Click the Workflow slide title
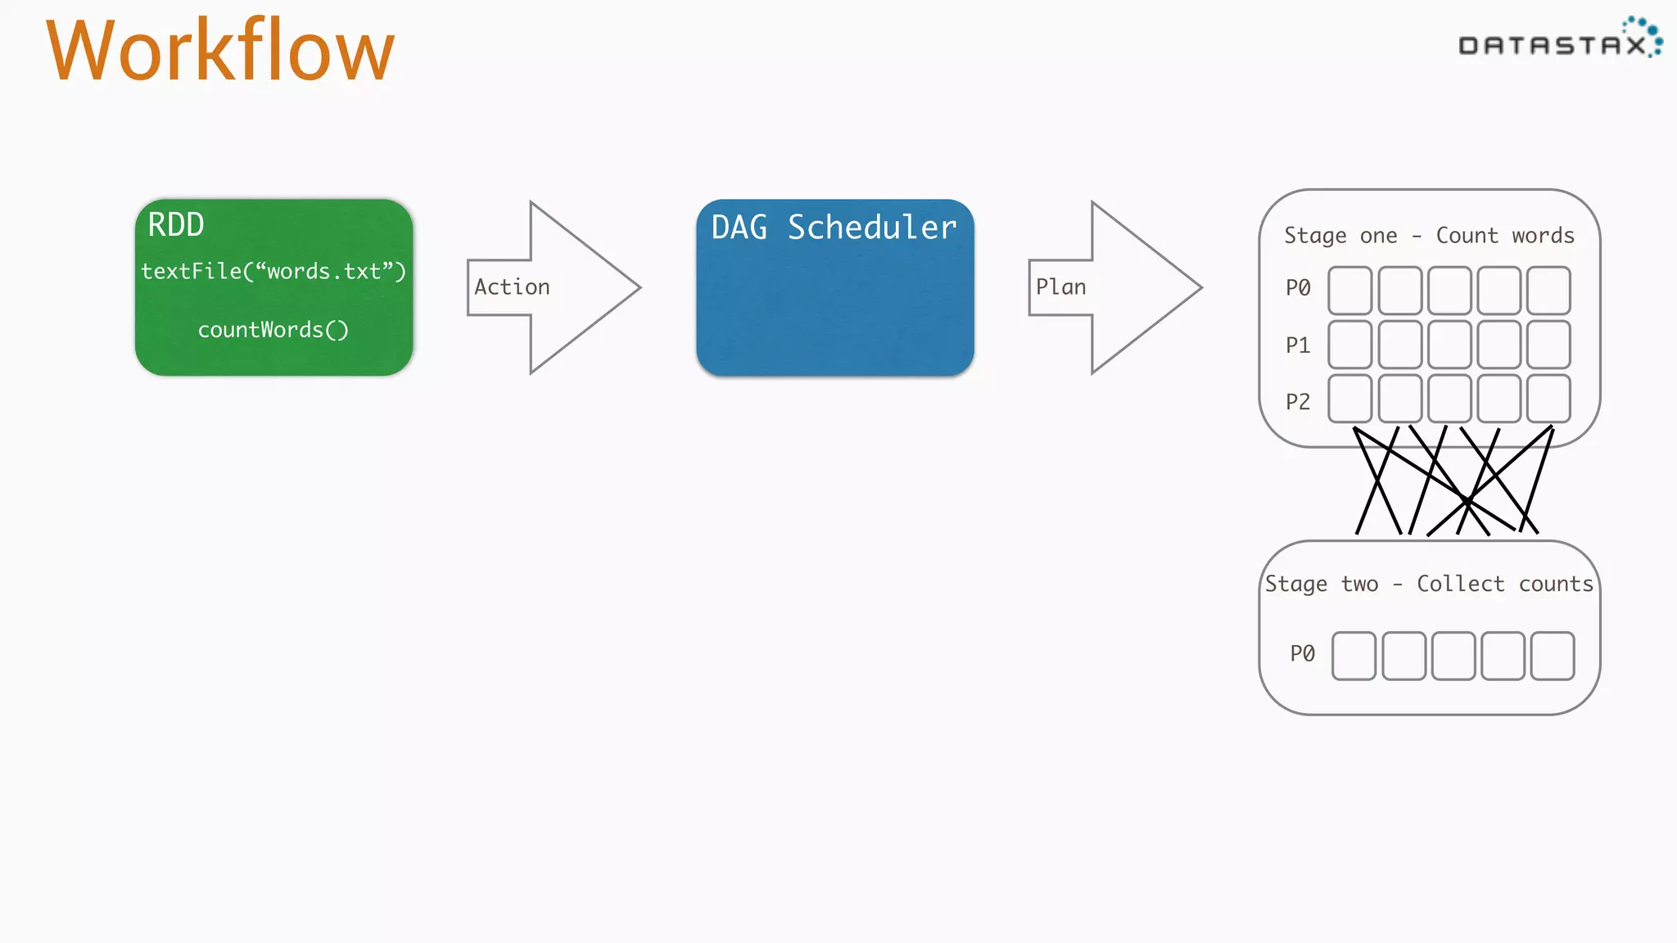[x=220, y=52]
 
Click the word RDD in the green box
[x=175, y=225]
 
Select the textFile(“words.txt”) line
[x=273, y=271]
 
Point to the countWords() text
[x=273, y=330]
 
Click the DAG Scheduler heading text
[x=834, y=228]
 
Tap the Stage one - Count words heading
[x=1429, y=236]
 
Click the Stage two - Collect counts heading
[x=1429, y=584]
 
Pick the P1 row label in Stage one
[x=1298, y=345]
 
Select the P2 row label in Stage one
[x=1298, y=402]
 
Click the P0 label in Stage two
[x=1302, y=653]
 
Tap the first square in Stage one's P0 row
[x=1350, y=291]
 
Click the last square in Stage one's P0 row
[x=1548, y=291]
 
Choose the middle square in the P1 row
[x=1449, y=345]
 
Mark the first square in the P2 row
[x=1350, y=399]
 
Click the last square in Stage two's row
[x=1553, y=656]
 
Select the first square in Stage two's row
[x=1354, y=656]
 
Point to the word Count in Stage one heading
[x=1467, y=236]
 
